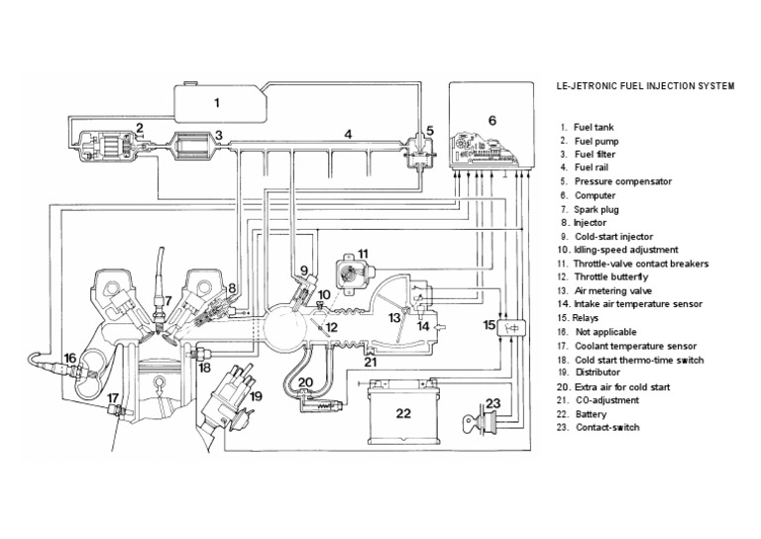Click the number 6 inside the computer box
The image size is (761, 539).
coord(490,120)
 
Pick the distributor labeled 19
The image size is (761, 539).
coord(227,391)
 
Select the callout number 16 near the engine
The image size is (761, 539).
coord(68,357)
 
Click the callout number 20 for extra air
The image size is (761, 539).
coord(305,382)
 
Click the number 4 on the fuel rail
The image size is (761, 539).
coord(348,132)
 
